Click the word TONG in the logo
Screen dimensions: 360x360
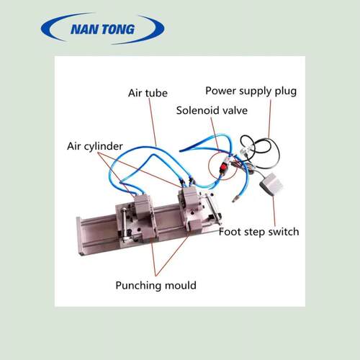[118, 30]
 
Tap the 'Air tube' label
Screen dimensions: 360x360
[148, 93]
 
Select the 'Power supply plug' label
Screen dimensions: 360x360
[251, 91]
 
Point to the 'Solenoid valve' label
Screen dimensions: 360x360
[212, 110]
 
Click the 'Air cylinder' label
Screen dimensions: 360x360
[95, 146]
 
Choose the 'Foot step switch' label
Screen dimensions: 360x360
[259, 232]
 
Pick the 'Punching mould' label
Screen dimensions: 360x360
[156, 286]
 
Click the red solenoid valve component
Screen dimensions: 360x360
[224, 166]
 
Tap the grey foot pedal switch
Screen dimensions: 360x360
[271, 184]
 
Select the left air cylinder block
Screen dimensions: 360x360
[143, 207]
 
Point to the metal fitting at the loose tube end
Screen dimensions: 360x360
[235, 199]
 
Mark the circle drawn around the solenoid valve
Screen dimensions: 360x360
[209, 165]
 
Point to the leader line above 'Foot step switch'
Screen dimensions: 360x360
[274, 210]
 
